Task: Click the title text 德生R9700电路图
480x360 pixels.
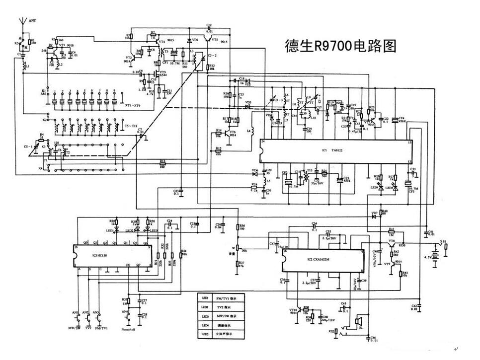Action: click(340, 46)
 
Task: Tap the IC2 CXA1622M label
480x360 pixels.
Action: click(319, 260)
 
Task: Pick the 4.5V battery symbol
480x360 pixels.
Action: click(437, 257)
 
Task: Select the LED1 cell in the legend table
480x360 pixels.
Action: click(205, 298)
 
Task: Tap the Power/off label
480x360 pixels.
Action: click(129, 328)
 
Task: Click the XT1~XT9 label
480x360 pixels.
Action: click(133, 106)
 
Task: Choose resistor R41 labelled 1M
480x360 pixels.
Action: click(392, 231)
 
